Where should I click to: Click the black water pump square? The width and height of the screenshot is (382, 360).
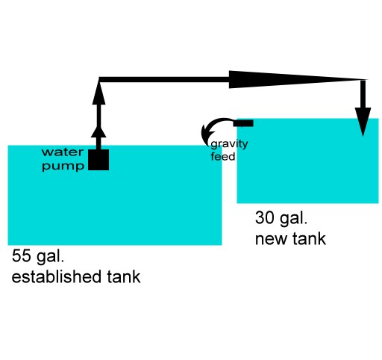(x=98, y=160)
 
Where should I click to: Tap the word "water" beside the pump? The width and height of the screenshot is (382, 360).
(x=63, y=152)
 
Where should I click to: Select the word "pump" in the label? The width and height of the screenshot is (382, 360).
(x=63, y=167)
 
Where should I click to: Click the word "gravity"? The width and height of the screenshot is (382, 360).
(x=229, y=144)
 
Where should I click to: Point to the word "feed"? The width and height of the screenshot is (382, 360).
(x=223, y=157)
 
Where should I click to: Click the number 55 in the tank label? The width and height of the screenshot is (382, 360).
(x=21, y=255)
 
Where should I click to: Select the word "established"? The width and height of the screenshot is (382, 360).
(x=56, y=276)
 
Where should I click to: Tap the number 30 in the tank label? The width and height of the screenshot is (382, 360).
(x=265, y=217)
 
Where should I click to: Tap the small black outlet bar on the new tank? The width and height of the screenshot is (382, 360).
(x=243, y=123)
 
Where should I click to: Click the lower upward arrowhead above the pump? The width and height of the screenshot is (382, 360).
(x=98, y=132)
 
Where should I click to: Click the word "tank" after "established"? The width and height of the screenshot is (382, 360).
(x=124, y=276)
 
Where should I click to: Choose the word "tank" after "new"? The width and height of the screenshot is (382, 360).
(x=309, y=239)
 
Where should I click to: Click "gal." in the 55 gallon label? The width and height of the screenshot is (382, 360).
(x=50, y=256)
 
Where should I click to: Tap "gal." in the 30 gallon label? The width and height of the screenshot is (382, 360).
(x=293, y=219)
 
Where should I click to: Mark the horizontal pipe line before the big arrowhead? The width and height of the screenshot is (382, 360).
(x=164, y=79)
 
